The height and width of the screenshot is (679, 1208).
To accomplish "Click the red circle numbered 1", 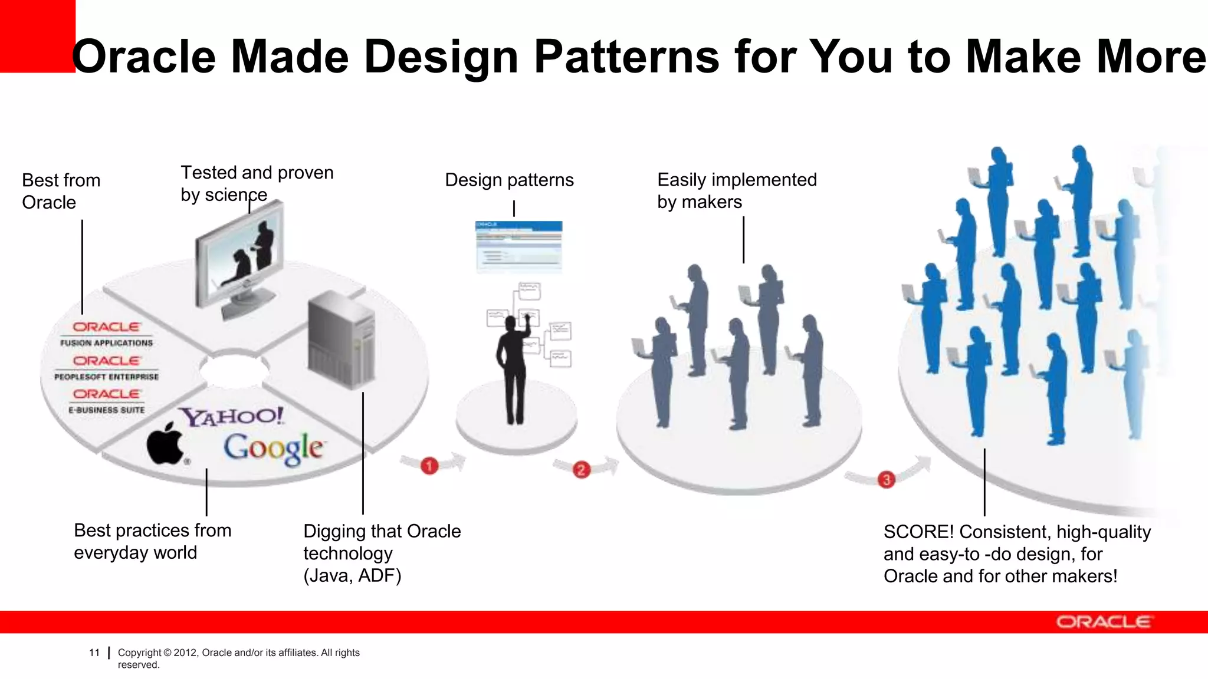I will (x=429, y=466).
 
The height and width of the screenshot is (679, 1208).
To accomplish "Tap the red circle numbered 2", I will (x=582, y=469).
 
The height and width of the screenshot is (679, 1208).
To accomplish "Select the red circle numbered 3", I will (x=886, y=479).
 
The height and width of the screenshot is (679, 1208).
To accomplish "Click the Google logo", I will (x=273, y=449).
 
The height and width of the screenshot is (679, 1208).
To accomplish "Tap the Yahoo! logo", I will (x=232, y=417).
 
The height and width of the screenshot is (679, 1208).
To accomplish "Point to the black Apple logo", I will (x=165, y=444).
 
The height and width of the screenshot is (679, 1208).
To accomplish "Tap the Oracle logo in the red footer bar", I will (x=1103, y=622).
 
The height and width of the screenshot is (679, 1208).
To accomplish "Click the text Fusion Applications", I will (x=106, y=343).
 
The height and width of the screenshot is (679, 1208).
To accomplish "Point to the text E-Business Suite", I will (x=106, y=410).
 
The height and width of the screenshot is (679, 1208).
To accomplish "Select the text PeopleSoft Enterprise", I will (x=106, y=377).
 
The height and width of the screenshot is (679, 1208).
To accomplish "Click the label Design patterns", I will (x=509, y=180).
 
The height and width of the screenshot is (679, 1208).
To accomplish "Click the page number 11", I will (x=94, y=652).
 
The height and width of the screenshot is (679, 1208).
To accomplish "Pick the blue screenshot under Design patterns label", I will (x=518, y=246).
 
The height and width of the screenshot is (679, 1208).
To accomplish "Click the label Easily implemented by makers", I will (x=737, y=190).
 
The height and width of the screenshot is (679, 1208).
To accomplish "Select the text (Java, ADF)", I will (x=352, y=575).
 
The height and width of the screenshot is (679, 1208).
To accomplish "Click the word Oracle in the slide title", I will (x=145, y=57).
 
